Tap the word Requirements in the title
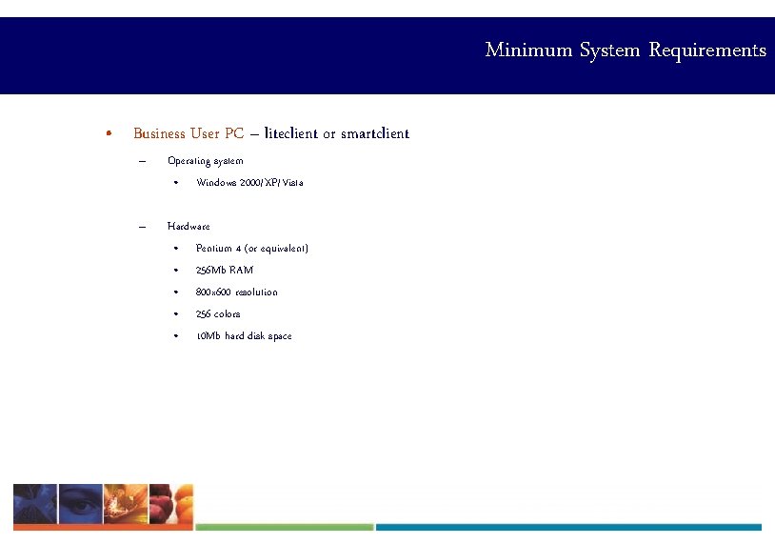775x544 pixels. pos(707,50)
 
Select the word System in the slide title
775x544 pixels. pos(610,50)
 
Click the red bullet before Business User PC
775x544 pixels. pos(111,133)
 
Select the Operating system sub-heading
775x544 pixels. pos(205,160)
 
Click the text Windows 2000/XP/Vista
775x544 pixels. pos(249,182)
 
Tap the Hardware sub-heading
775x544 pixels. pos(189,226)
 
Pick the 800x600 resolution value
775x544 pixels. pos(236,292)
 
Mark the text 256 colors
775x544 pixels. pos(218,313)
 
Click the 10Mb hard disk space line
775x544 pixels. pos(244,335)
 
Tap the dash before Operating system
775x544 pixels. pos(141,160)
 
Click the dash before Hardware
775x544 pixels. pos(141,226)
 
